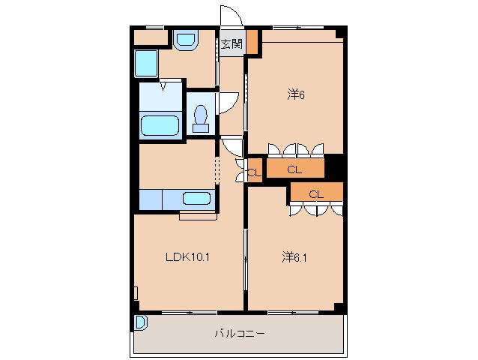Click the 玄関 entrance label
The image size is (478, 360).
232,44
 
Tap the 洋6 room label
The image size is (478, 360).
296,95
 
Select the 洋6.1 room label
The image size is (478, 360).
294,258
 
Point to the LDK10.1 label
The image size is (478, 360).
187,257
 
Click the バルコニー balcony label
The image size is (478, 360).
240,333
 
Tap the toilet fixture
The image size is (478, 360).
201,118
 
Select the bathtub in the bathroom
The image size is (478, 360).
160,125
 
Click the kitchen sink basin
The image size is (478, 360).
196,198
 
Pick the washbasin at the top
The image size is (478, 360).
186,40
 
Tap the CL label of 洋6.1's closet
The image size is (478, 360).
316,194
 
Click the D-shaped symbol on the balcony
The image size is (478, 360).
141,322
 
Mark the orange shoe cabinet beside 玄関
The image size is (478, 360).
252,42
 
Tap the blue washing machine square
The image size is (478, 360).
146,64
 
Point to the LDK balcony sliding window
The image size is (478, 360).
189,313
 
